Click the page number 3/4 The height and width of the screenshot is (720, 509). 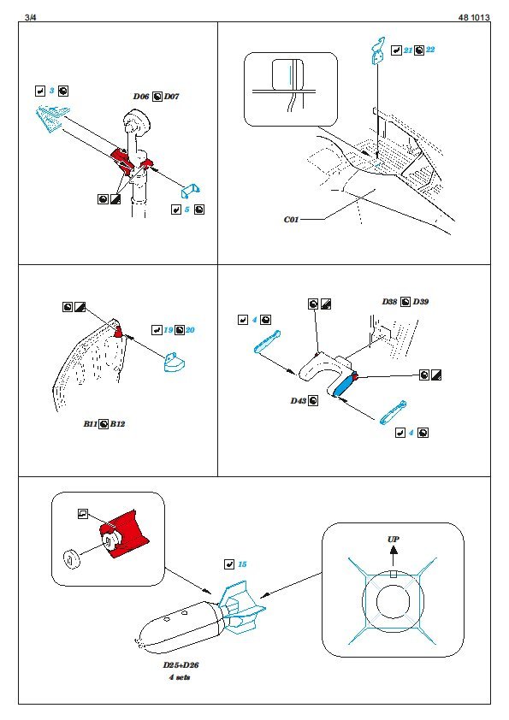(30, 17)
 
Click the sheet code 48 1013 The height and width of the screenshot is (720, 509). (474, 17)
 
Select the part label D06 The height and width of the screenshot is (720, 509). (141, 97)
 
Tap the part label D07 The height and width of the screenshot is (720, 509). (171, 97)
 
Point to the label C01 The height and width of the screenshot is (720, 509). (291, 220)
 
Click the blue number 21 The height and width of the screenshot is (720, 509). (408, 50)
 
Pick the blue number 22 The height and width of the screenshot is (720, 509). (430, 50)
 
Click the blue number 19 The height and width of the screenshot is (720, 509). (169, 330)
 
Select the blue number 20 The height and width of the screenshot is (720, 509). (190, 330)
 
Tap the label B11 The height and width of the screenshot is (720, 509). (91, 424)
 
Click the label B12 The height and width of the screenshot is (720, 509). (117, 424)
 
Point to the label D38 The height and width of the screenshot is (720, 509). (389, 302)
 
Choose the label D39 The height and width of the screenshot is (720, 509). (421, 302)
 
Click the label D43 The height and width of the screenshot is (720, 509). (299, 401)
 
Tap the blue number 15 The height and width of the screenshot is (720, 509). (242, 564)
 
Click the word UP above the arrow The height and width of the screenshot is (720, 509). (394, 539)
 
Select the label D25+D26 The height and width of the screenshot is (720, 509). (181, 665)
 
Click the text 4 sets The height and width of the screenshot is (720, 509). (179, 677)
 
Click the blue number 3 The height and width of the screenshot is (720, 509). (51, 91)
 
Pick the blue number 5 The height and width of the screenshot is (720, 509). (187, 210)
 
